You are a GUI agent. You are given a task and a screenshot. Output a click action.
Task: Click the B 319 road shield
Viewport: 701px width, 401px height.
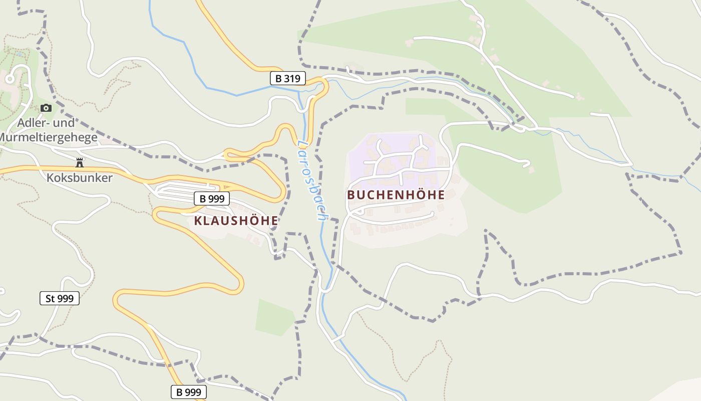[x=288, y=78]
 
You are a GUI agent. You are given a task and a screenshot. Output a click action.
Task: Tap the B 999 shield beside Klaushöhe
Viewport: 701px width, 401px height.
[x=212, y=198]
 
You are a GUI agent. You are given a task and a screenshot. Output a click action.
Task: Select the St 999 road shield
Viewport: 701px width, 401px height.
[x=60, y=298]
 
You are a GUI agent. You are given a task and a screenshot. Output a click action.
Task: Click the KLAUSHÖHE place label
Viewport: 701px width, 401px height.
[x=236, y=221]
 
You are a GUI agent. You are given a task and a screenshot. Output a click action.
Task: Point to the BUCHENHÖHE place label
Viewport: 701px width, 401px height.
[x=396, y=195]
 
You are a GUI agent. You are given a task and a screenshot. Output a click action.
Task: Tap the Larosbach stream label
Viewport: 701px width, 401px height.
[x=310, y=180]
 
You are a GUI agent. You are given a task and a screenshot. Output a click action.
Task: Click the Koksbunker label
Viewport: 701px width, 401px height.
[x=80, y=177]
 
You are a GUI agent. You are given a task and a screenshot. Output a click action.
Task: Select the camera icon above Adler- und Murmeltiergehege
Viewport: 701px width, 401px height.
[x=46, y=108]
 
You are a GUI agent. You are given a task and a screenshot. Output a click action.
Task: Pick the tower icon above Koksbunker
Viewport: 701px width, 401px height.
[x=79, y=162]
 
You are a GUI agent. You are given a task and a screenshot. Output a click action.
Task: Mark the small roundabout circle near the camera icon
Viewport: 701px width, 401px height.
[x=9, y=79]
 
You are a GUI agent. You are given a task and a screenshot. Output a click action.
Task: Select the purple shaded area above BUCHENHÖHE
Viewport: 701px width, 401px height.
[x=396, y=155]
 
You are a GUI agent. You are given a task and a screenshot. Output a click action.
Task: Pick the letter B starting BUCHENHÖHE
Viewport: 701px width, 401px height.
[x=350, y=195]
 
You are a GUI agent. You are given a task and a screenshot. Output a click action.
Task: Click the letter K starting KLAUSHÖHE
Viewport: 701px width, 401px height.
[x=198, y=221]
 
